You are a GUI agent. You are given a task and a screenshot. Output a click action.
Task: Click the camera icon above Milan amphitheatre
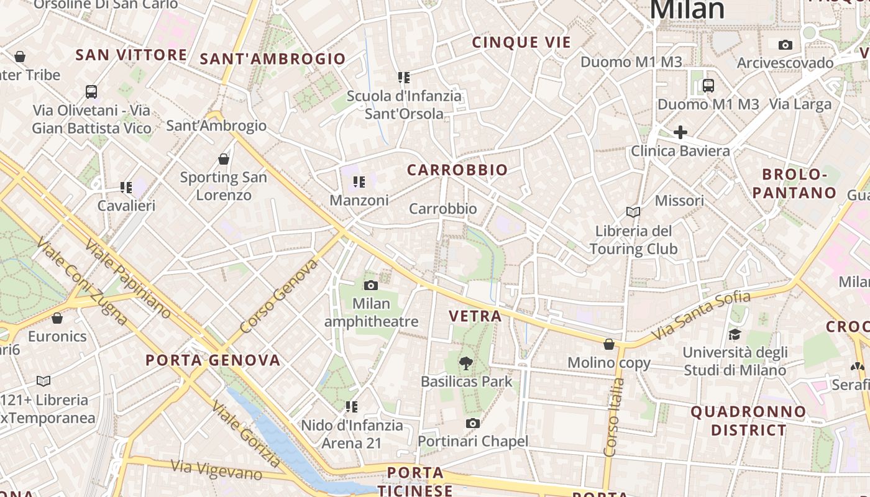[371, 285]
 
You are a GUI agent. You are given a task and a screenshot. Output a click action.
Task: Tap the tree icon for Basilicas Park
[465, 363]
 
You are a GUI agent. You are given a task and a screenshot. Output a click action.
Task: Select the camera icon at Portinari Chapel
[473, 423]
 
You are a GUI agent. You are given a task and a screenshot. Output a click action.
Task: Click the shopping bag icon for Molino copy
[609, 344]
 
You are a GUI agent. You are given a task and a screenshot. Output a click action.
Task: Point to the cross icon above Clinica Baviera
[680, 132]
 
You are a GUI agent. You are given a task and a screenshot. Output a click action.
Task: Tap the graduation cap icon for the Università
[735, 334]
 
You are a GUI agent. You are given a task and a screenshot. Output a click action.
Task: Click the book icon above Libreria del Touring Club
[633, 212]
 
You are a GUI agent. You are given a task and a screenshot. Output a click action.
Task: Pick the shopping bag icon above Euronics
[57, 318]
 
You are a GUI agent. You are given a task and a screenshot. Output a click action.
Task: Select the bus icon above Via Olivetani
[91, 92]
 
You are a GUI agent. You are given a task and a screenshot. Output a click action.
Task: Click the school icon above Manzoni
[359, 182]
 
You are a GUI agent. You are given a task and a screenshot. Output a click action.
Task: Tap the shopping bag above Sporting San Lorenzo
[224, 159]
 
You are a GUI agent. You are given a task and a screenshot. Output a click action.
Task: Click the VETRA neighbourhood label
[475, 316]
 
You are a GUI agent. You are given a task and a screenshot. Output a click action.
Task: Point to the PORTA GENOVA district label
[213, 360]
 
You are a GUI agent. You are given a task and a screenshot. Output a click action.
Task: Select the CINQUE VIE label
[521, 43]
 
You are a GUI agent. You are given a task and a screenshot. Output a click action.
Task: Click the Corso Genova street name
[279, 296]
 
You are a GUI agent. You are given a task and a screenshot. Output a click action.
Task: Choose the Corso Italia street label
[613, 417]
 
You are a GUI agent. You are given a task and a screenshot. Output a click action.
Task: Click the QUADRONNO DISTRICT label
[748, 421]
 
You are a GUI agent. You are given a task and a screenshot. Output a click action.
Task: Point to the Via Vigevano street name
[216, 470]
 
